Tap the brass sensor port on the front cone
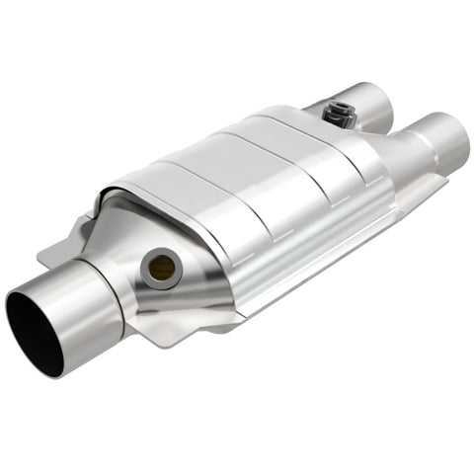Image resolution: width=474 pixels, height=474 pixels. [159, 265]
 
